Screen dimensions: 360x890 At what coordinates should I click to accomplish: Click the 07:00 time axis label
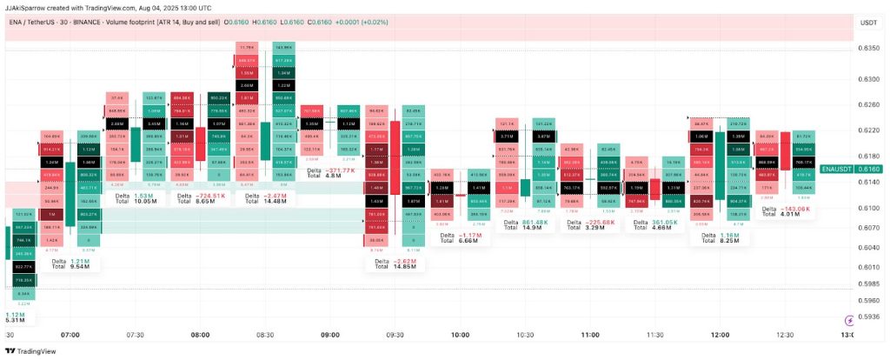(x=70, y=335)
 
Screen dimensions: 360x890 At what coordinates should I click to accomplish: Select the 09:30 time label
(x=395, y=335)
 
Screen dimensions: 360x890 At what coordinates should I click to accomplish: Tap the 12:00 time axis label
(x=720, y=335)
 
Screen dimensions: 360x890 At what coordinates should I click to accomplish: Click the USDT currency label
(x=867, y=23)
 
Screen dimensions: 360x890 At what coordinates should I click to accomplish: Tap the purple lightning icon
(x=848, y=321)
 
